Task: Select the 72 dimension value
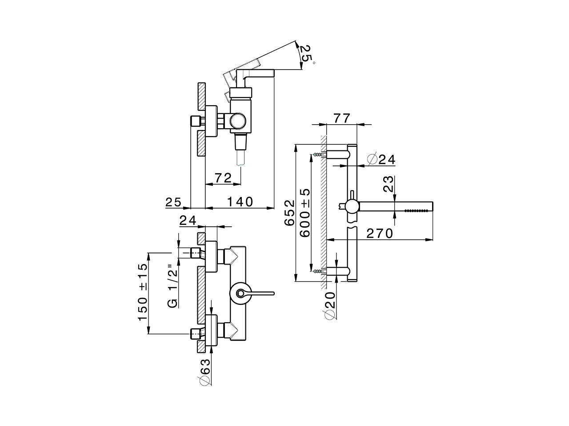(x=223, y=178)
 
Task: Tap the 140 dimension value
(x=240, y=202)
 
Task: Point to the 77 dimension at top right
(x=342, y=118)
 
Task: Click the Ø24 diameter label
(x=382, y=159)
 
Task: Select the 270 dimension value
(x=380, y=233)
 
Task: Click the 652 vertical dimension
(x=289, y=213)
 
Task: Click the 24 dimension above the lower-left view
(x=188, y=220)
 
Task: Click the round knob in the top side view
(x=237, y=120)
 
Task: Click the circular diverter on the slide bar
(x=351, y=206)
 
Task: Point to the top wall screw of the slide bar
(x=317, y=154)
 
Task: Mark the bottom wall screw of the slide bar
(x=317, y=270)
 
